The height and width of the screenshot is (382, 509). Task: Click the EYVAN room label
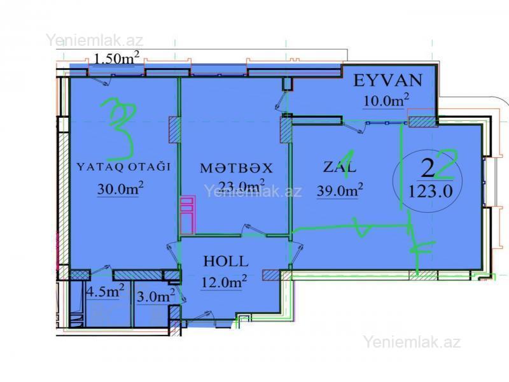click(x=388, y=81)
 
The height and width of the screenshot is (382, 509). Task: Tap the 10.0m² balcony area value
click(x=386, y=101)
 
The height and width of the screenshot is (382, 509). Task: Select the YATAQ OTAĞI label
click(x=123, y=167)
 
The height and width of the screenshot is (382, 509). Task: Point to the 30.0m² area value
click(x=120, y=188)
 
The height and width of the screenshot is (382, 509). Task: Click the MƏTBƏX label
click(x=236, y=168)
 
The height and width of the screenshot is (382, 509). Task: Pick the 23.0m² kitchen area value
click(x=242, y=186)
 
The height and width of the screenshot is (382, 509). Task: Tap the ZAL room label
click(x=340, y=167)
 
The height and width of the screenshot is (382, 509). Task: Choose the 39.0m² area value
click(x=340, y=190)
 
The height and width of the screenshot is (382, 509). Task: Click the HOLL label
click(x=226, y=261)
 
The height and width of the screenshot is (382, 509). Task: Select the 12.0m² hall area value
click(x=224, y=281)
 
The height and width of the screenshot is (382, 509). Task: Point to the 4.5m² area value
click(x=104, y=292)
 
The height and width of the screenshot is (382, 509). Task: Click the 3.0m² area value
click(x=156, y=296)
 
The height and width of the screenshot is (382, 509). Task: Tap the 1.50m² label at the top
click(x=117, y=58)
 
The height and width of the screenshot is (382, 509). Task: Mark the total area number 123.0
click(x=430, y=192)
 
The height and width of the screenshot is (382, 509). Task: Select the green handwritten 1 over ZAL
click(x=347, y=164)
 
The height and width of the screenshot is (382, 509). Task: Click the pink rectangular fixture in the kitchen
click(x=188, y=215)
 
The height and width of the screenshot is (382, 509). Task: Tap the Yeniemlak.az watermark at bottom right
click(x=412, y=342)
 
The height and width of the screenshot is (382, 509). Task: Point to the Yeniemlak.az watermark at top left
click(x=94, y=40)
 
